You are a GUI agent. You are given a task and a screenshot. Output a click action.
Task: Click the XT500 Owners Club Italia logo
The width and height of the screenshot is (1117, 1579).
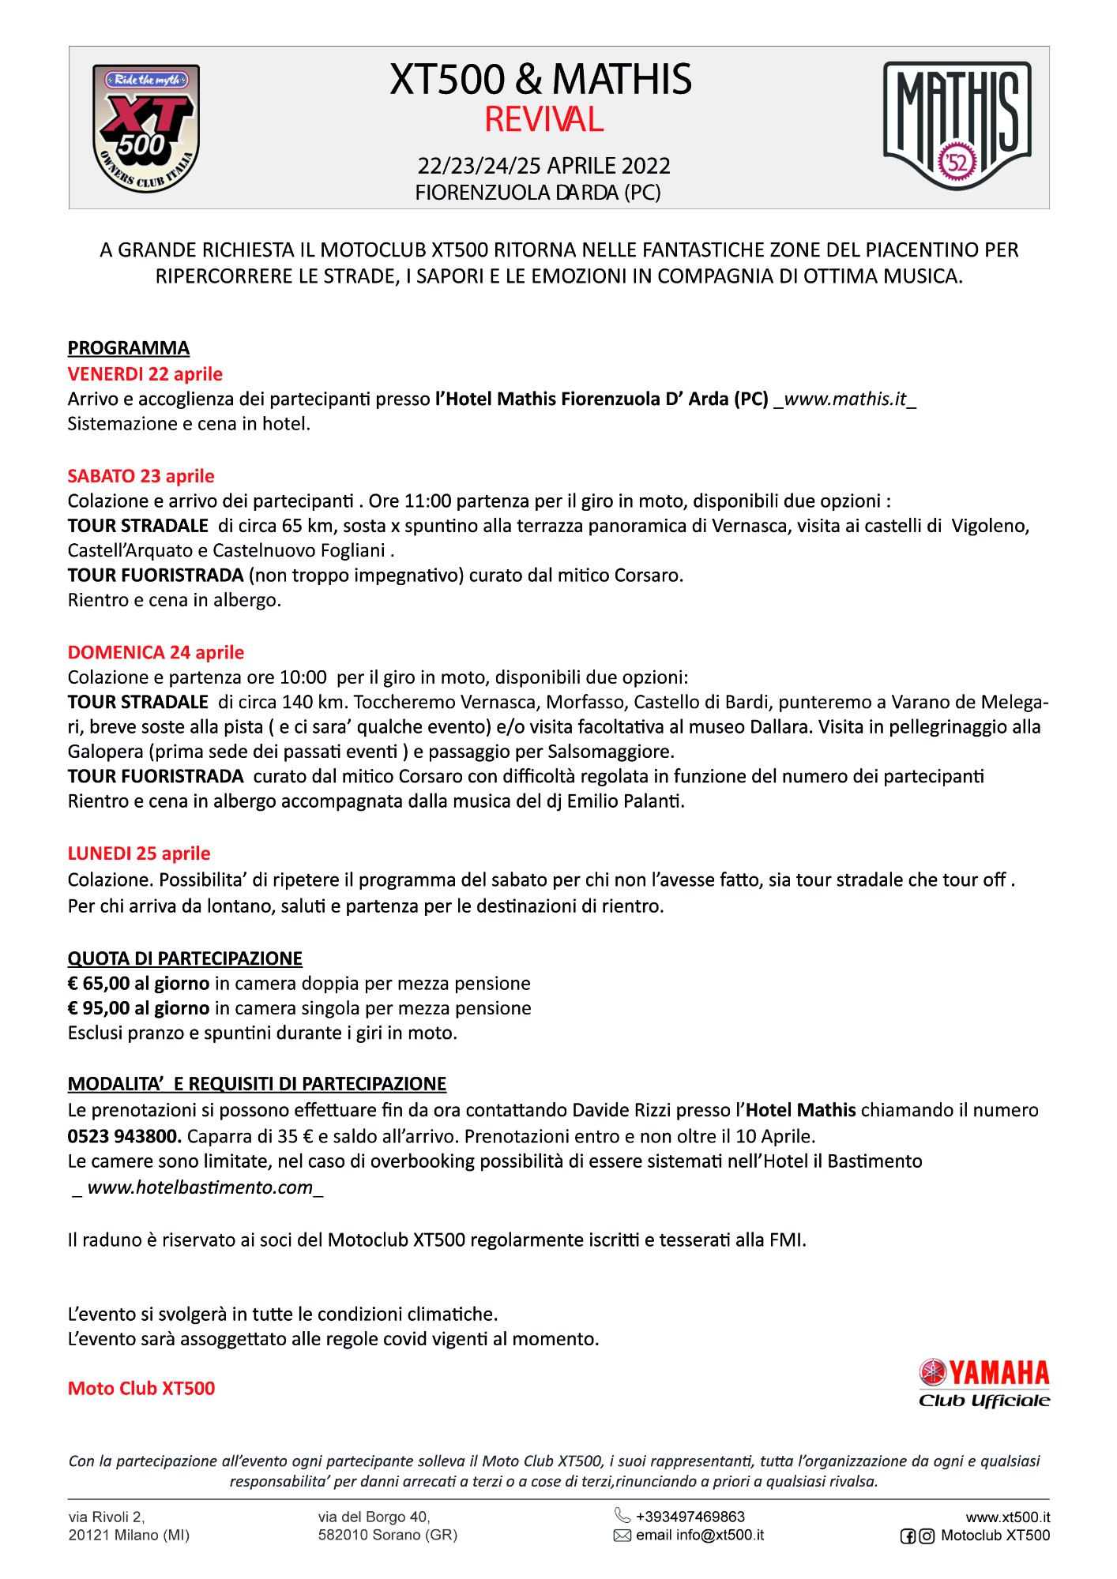(x=146, y=128)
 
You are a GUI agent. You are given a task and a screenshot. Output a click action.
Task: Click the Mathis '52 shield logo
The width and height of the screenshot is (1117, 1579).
(x=957, y=126)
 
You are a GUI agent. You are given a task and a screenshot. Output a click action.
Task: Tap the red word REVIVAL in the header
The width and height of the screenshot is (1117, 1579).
(x=543, y=120)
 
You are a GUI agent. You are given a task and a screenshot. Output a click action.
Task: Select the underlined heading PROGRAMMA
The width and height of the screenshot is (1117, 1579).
(x=129, y=348)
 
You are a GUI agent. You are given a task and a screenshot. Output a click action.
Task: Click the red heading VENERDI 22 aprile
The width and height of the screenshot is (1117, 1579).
(x=145, y=374)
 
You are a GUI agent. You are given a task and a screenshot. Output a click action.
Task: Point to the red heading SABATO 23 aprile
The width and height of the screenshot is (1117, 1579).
(x=141, y=476)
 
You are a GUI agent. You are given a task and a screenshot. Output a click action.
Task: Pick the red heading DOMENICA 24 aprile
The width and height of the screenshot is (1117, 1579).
(x=156, y=653)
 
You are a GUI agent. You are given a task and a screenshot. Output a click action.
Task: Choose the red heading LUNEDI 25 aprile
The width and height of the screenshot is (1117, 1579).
(x=139, y=853)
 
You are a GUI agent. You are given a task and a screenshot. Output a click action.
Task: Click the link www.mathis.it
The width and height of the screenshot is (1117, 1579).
(x=845, y=399)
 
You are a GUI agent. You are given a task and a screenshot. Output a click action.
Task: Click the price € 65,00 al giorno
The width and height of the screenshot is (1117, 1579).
(x=139, y=984)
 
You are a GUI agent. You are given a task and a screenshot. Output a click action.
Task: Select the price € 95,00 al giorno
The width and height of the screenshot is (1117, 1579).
(x=139, y=1008)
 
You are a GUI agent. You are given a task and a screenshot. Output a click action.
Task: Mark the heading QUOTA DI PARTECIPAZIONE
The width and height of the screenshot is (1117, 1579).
(x=185, y=958)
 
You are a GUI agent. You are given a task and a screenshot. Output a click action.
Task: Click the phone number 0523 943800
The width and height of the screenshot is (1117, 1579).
(x=124, y=1136)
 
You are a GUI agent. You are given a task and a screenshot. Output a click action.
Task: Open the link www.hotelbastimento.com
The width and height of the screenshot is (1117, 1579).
(x=200, y=1187)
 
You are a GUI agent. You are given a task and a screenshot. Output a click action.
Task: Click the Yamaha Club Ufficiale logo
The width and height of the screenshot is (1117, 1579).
(x=984, y=1383)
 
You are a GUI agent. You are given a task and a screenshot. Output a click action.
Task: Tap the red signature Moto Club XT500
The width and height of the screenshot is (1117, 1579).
(x=141, y=1389)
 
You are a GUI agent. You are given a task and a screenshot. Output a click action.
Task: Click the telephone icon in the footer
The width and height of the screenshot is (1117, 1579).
(x=622, y=1516)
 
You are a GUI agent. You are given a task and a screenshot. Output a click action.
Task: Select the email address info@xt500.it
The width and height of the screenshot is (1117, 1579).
(x=720, y=1536)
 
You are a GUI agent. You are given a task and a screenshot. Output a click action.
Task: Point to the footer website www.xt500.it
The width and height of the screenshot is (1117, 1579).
(x=1007, y=1517)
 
